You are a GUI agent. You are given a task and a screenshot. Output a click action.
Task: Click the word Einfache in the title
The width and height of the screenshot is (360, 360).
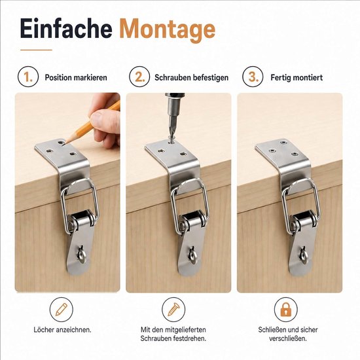(x=66, y=29)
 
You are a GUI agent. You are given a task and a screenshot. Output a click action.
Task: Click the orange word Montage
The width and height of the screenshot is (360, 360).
(x=168, y=30)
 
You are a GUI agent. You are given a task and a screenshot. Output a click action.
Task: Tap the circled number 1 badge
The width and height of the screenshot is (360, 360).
(x=28, y=77)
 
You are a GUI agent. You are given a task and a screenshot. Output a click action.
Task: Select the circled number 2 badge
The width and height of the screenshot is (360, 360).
(x=139, y=77)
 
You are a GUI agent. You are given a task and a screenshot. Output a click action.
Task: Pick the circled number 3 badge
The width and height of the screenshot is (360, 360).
(x=253, y=77)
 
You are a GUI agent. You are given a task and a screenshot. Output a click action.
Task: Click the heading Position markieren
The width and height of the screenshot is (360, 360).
(x=76, y=78)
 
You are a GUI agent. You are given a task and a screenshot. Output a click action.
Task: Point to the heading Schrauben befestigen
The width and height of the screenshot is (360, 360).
(x=192, y=78)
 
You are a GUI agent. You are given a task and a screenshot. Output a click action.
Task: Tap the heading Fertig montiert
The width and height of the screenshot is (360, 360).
(x=297, y=78)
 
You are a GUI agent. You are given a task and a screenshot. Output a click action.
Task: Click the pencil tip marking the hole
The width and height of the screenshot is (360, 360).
(x=65, y=143)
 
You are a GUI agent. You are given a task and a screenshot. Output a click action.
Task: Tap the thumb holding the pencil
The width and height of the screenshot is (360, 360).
(x=105, y=122)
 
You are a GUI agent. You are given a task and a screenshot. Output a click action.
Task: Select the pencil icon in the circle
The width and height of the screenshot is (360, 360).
(x=62, y=310)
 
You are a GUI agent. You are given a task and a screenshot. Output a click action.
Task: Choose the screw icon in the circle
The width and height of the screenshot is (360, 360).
(x=173, y=310)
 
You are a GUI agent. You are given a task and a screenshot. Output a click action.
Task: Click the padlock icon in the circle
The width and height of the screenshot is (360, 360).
(x=286, y=309)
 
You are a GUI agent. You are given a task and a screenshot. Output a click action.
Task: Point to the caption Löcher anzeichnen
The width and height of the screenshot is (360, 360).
(x=62, y=330)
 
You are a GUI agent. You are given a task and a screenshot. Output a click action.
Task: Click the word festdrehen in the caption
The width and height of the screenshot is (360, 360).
(x=190, y=338)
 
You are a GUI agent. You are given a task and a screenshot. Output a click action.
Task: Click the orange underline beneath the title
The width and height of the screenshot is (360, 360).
(x=36, y=50)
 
